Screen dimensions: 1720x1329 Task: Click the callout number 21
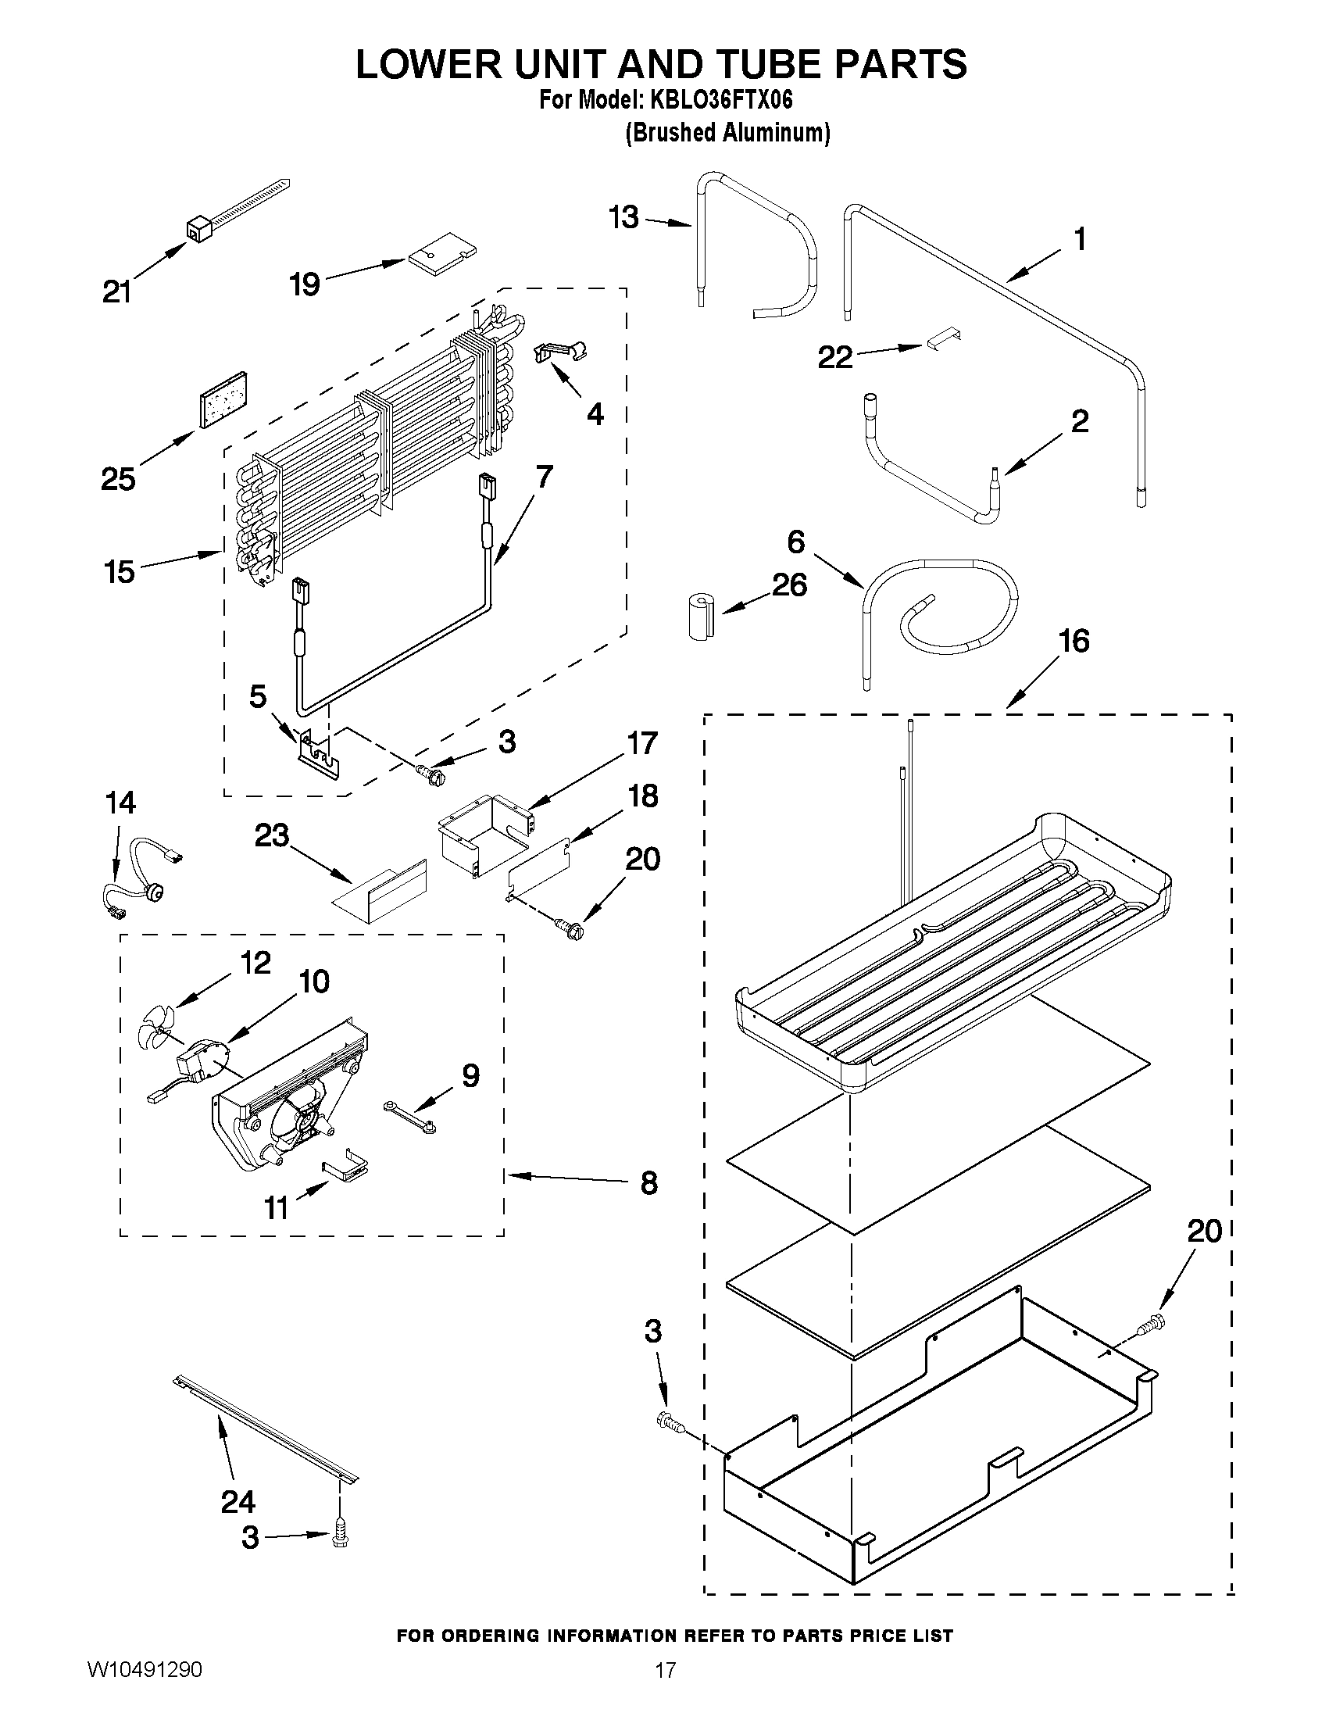pyautogui.click(x=117, y=292)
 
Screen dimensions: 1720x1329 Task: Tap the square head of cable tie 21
pyautogui.click(x=195, y=229)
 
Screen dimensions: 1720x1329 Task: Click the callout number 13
pyautogui.click(x=623, y=217)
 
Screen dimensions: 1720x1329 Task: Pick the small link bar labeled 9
pyautogui.click(x=409, y=1118)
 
